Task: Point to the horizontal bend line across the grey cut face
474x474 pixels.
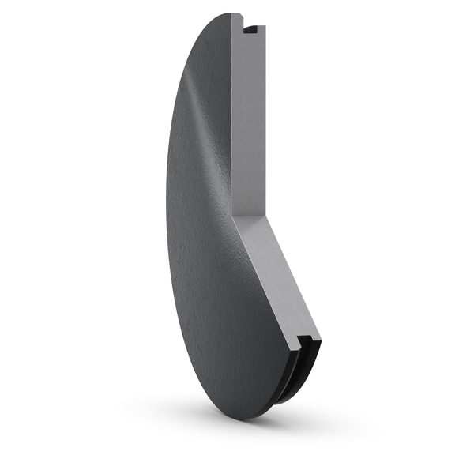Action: click(251, 215)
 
